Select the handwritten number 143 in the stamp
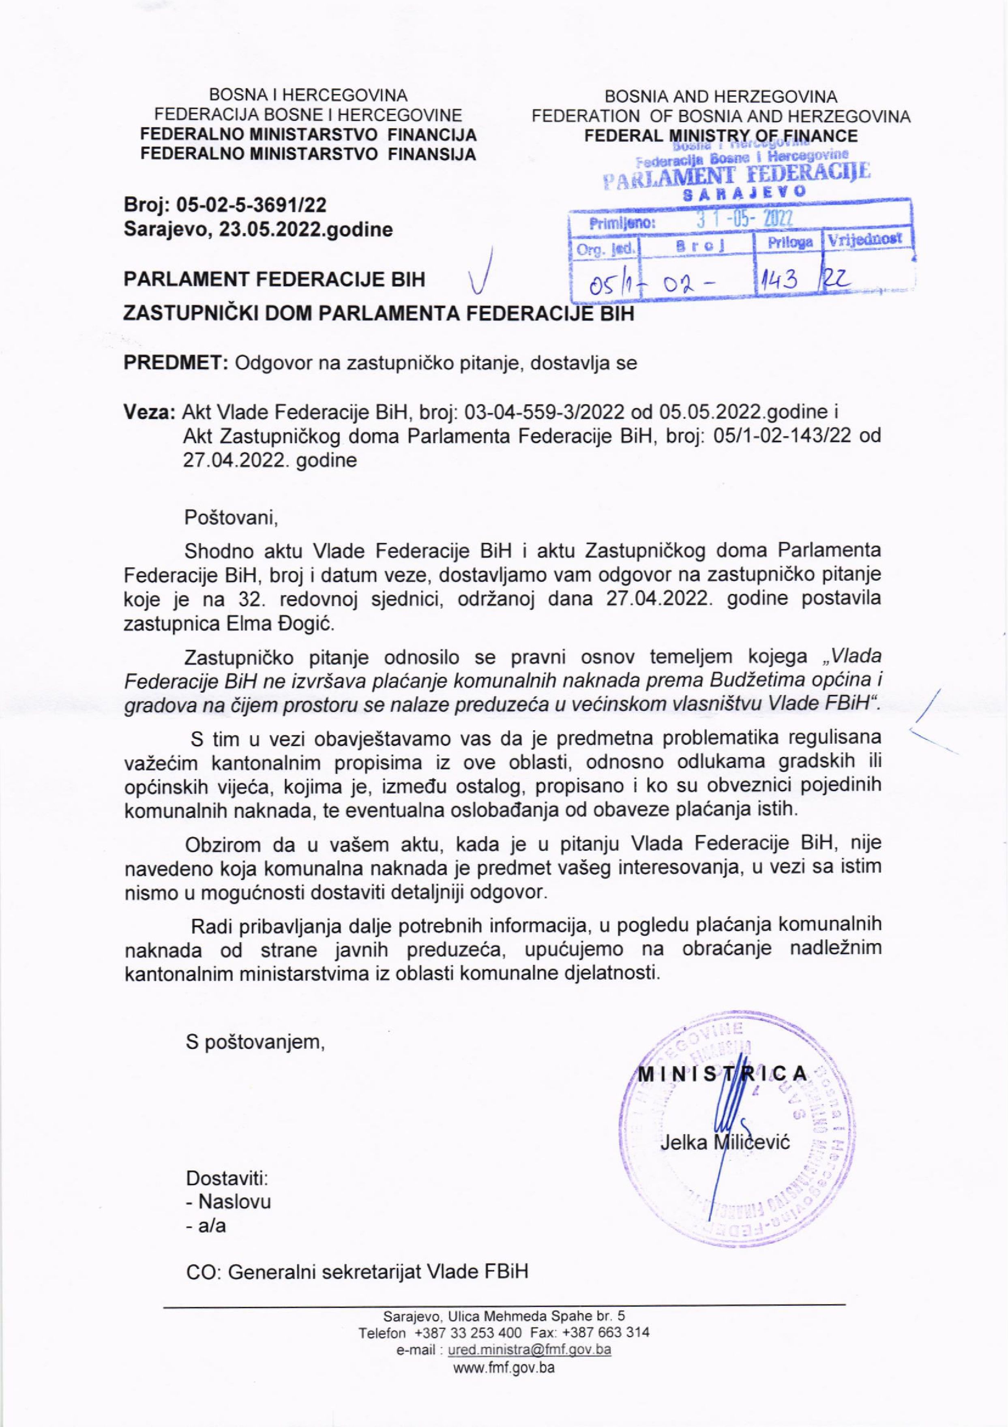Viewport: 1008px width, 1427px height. [776, 285]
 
